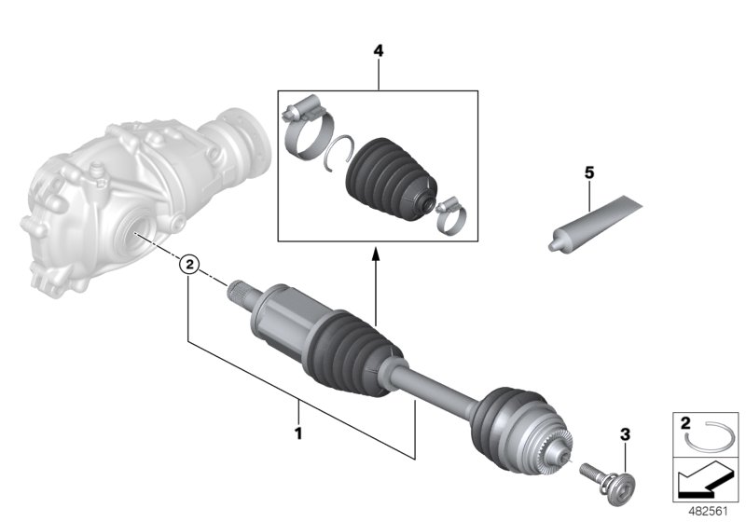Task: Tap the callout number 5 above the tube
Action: pos(588,172)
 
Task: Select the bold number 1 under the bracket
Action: pos(298,433)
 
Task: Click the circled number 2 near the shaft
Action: pos(188,265)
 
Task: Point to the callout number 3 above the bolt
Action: pos(625,433)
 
